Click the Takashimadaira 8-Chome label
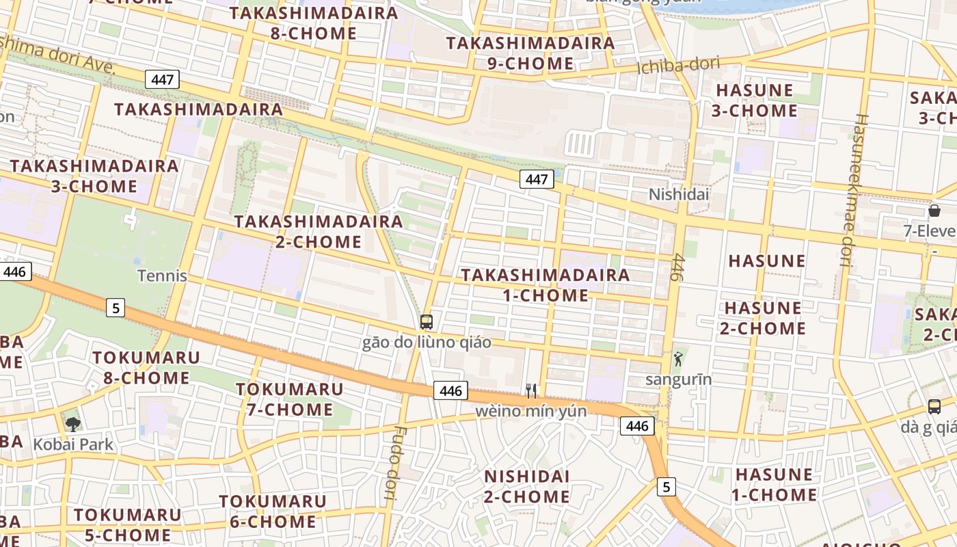(x=314, y=23)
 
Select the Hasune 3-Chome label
(x=755, y=100)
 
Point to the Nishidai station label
(x=679, y=195)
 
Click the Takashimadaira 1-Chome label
(x=545, y=284)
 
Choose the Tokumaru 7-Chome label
(x=289, y=399)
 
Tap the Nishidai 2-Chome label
(x=527, y=486)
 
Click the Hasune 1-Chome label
(x=774, y=484)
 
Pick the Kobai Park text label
(x=73, y=444)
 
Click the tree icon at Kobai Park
(x=72, y=424)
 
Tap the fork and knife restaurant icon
(x=531, y=390)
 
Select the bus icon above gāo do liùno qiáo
(x=427, y=321)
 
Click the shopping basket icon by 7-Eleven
(x=934, y=211)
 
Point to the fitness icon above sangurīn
(x=678, y=358)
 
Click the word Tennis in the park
(x=162, y=276)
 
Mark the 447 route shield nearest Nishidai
(x=537, y=179)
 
